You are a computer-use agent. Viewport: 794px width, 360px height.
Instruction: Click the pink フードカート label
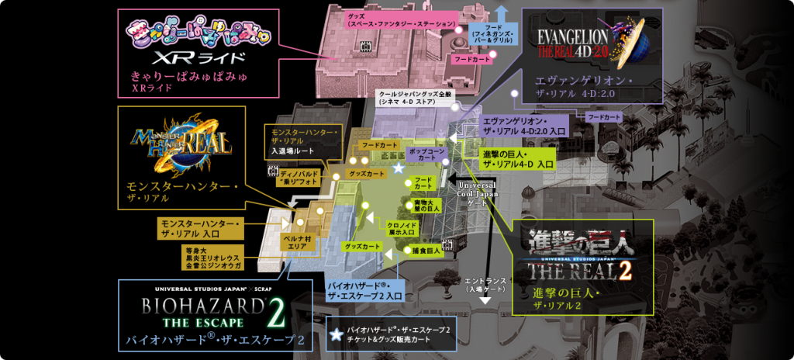472,59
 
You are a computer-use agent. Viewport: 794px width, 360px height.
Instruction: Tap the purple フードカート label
605,116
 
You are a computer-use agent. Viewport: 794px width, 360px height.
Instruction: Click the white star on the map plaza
399,168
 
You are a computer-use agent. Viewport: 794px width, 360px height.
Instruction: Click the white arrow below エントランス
485,297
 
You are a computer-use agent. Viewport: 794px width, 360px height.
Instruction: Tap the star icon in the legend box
336,334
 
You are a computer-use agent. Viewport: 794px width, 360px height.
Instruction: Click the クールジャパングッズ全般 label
419,96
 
